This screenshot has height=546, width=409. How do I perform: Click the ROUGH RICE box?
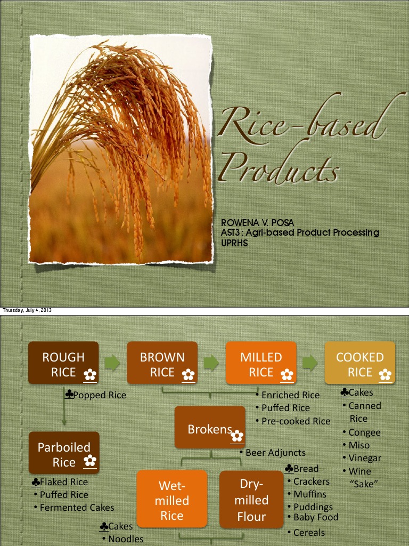tap(63, 363)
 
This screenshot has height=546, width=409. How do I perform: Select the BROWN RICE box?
tap(162, 363)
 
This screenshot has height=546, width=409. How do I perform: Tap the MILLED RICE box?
tap(261, 363)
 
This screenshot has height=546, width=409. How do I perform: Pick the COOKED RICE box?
tap(360, 363)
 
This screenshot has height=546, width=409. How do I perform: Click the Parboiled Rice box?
tap(64, 453)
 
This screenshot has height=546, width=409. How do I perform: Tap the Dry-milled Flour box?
tap(251, 499)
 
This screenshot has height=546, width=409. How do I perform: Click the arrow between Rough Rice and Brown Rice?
tap(112, 363)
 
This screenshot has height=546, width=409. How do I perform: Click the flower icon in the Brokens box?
tap(238, 437)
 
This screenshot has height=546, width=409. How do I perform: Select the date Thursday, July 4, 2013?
tap(27, 311)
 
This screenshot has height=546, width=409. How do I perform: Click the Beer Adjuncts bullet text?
tap(275, 453)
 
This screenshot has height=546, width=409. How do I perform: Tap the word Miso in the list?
tap(358, 445)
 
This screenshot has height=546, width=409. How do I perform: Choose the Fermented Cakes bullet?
tap(77, 508)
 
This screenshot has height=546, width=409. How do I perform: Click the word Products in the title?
tap(280, 168)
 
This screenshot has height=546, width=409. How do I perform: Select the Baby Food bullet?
tap(316, 517)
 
